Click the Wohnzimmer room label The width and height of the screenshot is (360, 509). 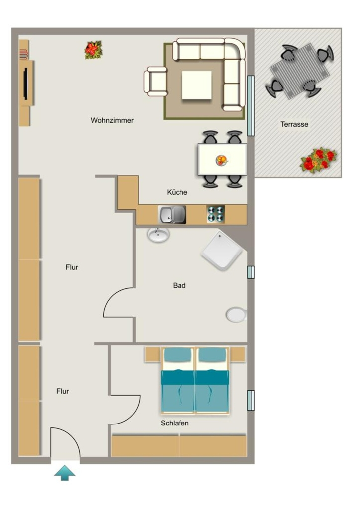[112, 120]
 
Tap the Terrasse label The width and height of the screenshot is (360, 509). [294, 124]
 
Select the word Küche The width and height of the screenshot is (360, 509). [177, 192]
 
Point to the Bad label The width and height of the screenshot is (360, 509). [179, 286]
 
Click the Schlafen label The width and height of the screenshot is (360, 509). [175, 424]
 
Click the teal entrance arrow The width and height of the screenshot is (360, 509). [65, 473]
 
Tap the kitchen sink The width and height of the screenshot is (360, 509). [172, 215]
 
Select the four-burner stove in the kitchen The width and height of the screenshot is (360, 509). [215, 215]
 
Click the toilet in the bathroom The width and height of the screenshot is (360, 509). [237, 315]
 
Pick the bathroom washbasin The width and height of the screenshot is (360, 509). [159, 235]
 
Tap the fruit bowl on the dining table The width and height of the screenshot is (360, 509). [222, 160]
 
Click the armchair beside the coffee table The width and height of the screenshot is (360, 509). [156, 82]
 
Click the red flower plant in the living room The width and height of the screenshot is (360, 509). [93, 50]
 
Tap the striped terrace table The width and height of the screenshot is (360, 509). [300, 71]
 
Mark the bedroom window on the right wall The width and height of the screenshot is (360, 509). [251, 400]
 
